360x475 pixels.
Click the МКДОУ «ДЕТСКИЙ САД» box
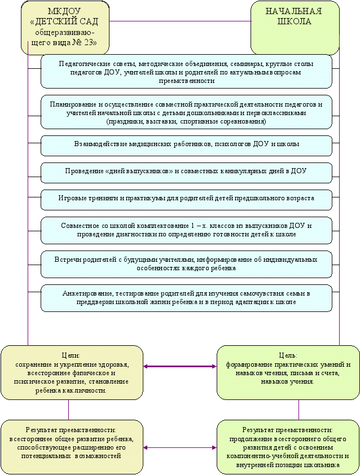tap(65, 28)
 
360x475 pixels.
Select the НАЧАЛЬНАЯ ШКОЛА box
tap(295, 28)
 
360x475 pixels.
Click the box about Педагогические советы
tap(186, 72)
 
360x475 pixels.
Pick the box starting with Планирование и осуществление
tap(186, 112)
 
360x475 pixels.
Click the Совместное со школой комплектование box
tap(186, 230)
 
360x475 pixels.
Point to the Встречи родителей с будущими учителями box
tap(186, 264)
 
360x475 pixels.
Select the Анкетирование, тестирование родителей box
tap(186, 298)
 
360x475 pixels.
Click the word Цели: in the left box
tap(71, 355)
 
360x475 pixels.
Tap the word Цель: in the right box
tap(288, 355)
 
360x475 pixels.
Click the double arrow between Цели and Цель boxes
tap(180, 367)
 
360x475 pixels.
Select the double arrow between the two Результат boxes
tap(180, 447)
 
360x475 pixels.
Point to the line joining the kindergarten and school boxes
tap(180, 21)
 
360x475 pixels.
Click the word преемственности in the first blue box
tap(187, 81)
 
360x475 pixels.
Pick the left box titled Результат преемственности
tap(72, 447)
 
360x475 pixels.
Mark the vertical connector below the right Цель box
tap(299, 410)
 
